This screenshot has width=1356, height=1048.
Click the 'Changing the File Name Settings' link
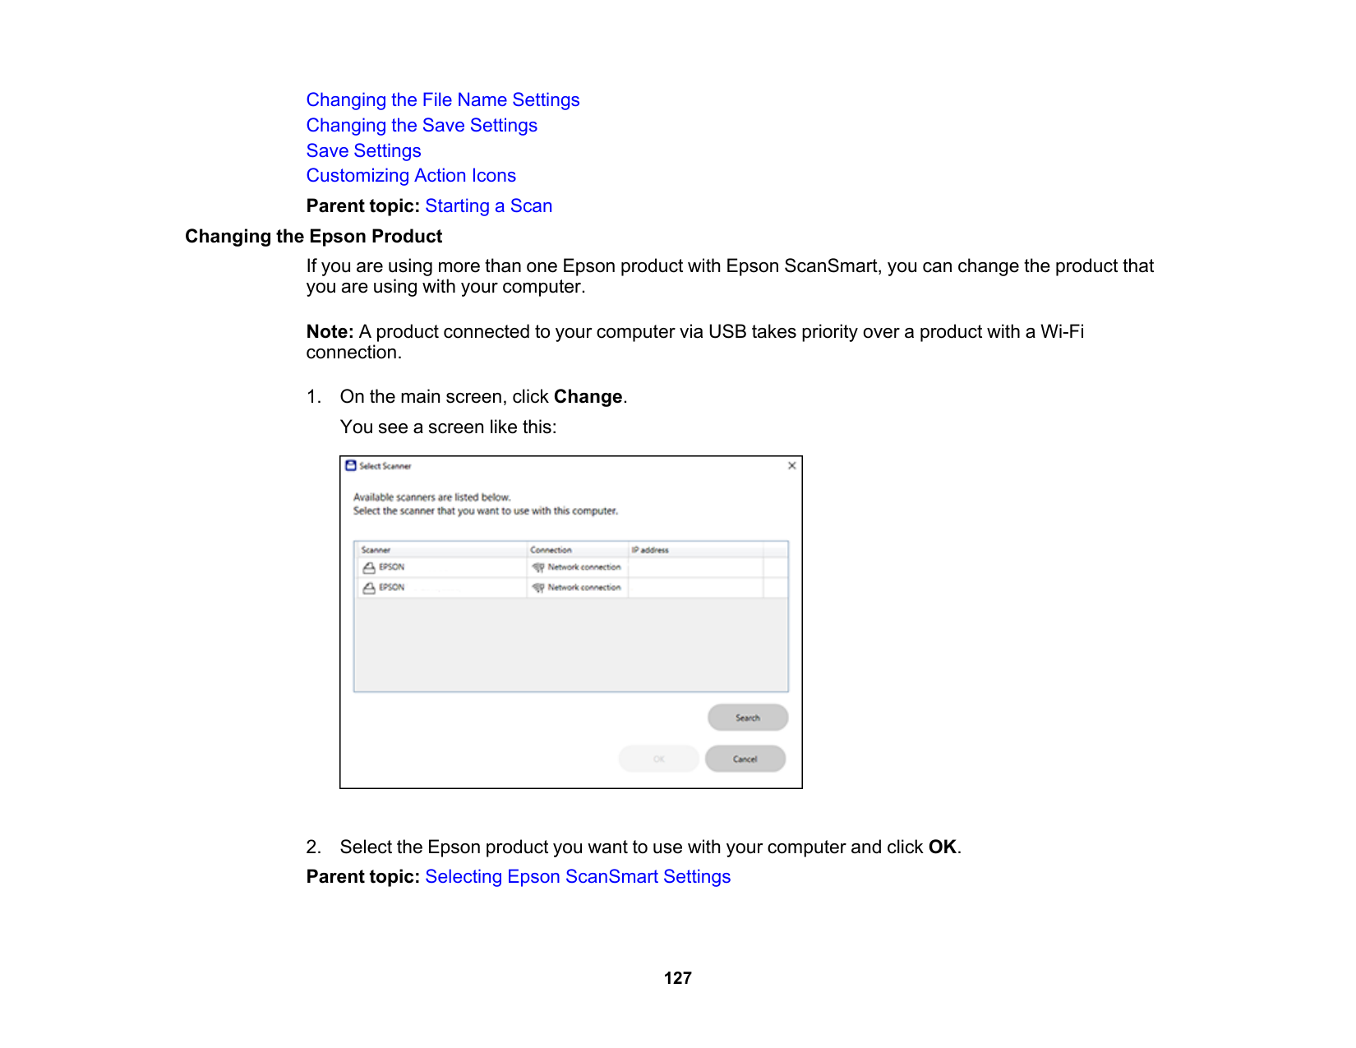442,100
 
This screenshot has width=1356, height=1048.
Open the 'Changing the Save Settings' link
422,126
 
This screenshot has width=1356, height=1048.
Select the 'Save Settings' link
363,151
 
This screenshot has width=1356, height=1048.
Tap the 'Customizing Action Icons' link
411,176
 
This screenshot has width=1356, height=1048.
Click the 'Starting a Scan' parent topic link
488,206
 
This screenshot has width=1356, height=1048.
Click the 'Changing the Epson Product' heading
313,237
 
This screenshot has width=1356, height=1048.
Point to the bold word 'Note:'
330,332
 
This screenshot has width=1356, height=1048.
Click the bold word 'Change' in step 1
588,397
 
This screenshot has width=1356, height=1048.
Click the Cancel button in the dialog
745,759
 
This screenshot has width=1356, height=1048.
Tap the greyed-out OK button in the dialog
658,759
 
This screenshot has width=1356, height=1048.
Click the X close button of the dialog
791,466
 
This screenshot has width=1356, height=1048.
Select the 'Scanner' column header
376,550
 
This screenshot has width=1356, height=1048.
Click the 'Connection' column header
551,550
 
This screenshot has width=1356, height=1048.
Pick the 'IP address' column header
650,550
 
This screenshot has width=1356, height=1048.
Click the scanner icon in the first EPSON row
369,567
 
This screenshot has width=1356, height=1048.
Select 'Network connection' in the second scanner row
583,588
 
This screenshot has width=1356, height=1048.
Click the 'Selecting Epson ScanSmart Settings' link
577,877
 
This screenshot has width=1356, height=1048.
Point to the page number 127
677,978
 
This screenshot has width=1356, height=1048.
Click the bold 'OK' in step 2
942,847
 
